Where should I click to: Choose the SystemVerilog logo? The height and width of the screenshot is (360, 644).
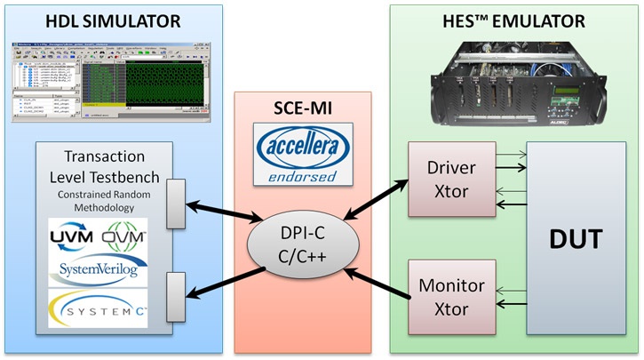pyautogui.click(x=99, y=268)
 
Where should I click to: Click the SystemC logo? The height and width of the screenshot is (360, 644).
pyautogui.click(x=99, y=308)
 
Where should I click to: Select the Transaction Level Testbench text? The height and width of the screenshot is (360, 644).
pyautogui.click(x=99, y=168)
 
